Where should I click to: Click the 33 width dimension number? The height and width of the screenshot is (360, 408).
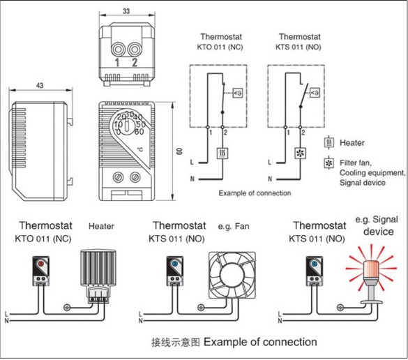point(126,11)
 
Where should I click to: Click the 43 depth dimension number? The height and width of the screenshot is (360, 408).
point(40,85)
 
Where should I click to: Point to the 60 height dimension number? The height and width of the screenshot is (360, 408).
point(179,151)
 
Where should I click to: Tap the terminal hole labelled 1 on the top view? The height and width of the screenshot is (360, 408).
point(118,49)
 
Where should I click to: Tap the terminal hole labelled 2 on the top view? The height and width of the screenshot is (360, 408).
point(135,49)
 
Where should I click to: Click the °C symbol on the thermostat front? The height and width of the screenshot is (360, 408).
point(140,149)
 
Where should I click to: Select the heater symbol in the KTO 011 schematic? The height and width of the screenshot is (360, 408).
point(222,153)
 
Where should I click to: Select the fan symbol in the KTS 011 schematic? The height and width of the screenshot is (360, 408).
point(300,153)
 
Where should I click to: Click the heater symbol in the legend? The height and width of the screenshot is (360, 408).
point(329,142)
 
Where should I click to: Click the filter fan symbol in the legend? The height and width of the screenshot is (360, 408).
point(329,163)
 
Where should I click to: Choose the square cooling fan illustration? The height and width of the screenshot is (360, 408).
point(232,275)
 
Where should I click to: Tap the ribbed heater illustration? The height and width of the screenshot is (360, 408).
point(98,275)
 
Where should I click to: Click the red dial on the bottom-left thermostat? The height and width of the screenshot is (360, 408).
point(40,264)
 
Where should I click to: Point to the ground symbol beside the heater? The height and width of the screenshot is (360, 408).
point(67,308)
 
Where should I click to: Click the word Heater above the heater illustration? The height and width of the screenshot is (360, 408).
point(101,226)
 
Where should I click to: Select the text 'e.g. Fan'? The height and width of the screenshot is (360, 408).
point(234,226)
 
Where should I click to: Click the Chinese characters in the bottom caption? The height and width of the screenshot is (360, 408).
point(176,343)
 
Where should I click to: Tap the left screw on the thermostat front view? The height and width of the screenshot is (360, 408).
point(117,177)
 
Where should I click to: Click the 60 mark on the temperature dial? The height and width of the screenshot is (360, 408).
point(139,132)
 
